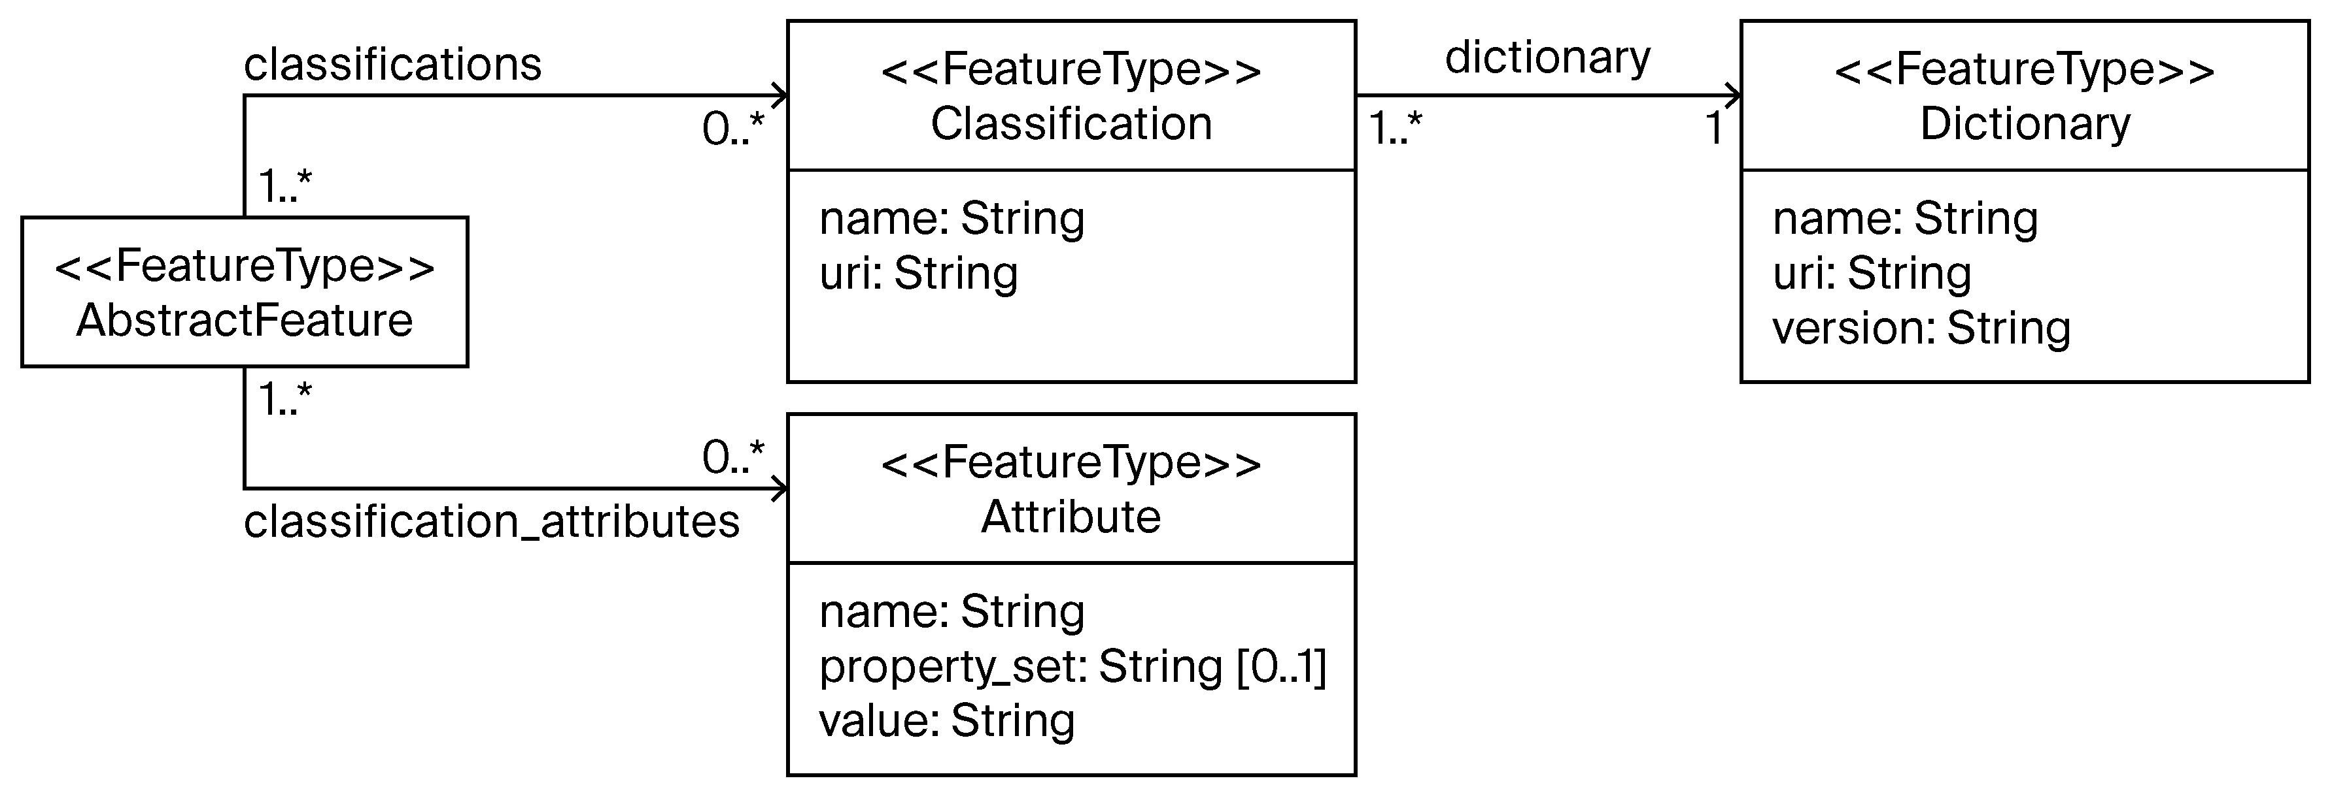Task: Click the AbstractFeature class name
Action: (x=245, y=320)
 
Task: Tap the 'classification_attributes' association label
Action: (x=492, y=522)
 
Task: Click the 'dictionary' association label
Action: (x=1547, y=58)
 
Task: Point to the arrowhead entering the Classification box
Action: (x=780, y=95)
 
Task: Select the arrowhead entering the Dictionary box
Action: (x=1733, y=95)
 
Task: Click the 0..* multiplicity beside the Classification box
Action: (x=732, y=129)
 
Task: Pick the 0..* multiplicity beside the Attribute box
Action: (x=732, y=458)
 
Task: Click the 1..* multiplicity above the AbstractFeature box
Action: (x=285, y=186)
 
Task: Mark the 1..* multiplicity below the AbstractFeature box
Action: (x=285, y=399)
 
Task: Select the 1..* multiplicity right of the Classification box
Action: (x=1395, y=129)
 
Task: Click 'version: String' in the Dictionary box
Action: (x=1921, y=327)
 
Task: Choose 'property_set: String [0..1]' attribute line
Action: (x=1072, y=667)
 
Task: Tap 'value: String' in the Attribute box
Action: (x=946, y=721)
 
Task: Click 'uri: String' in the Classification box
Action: (x=918, y=273)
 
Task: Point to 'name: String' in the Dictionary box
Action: (x=1905, y=219)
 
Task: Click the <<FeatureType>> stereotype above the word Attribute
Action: (x=1071, y=463)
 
